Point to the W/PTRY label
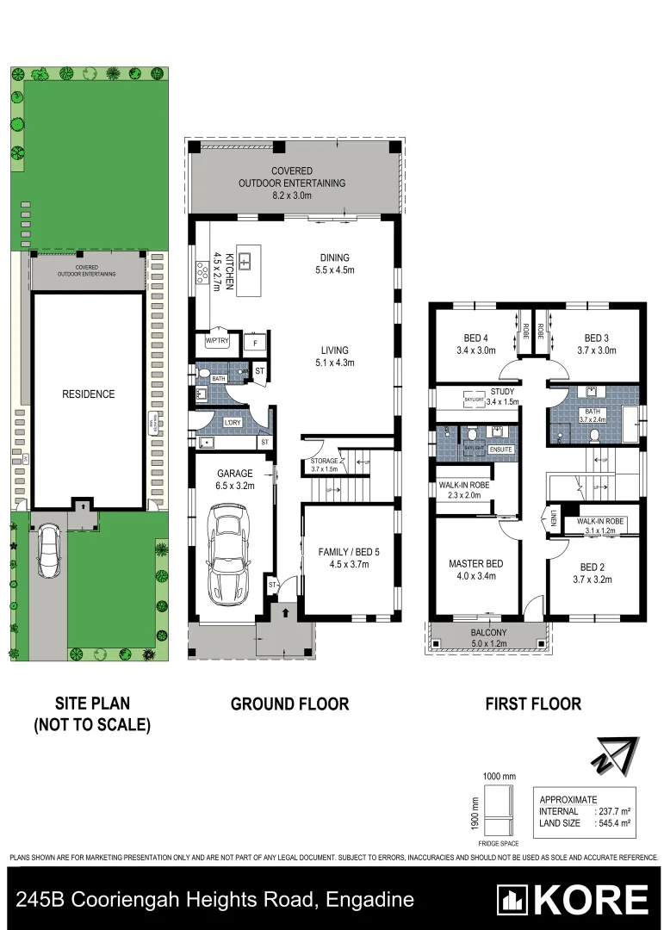(216, 342)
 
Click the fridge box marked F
(254, 343)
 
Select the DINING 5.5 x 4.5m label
(334, 263)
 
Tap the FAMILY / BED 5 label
(344, 558)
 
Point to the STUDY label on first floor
(502, 392)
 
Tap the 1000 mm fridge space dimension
(499, 777)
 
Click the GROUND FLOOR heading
(289, 704)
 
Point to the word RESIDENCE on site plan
(88, 394)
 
